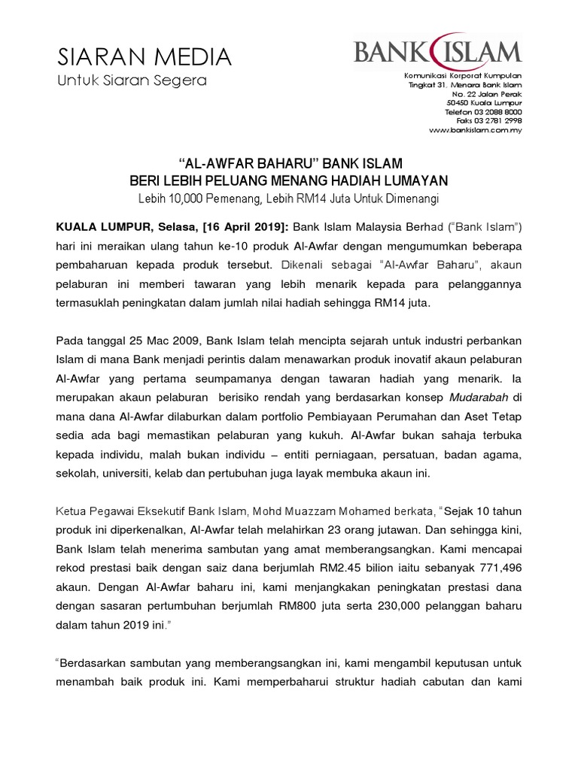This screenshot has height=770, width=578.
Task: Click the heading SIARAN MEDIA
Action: (144, 56)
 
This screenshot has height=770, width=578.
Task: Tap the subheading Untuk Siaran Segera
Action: (132, 80)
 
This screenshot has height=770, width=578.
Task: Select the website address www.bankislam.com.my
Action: (475, 129)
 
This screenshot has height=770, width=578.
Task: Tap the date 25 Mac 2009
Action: (168, 339)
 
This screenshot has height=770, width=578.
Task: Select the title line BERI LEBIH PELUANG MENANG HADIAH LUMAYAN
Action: (289, 181)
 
